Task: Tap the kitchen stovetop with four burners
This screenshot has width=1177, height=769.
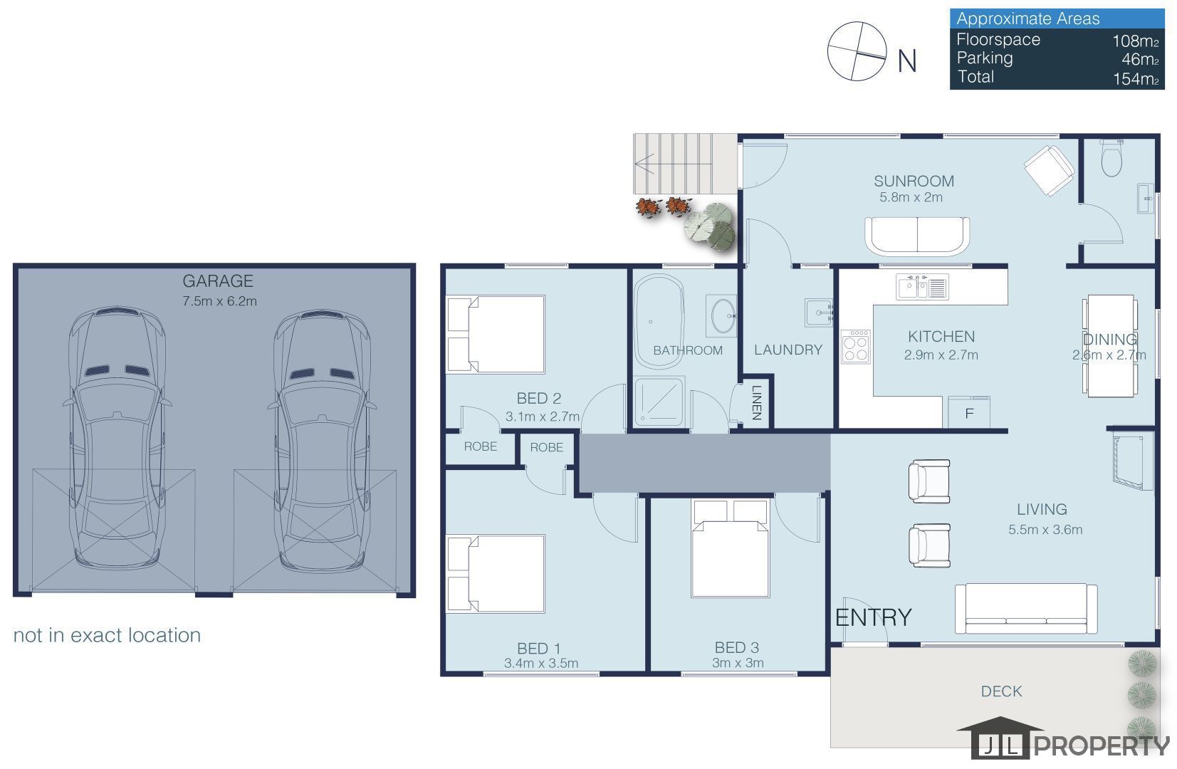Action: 855,347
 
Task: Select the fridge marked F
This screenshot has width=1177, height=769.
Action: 970,413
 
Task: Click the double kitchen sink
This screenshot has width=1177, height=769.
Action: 922,287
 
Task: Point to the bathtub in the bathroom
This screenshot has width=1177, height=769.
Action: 659,320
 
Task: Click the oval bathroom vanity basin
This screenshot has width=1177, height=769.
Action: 723,315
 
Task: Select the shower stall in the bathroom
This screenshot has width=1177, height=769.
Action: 659,402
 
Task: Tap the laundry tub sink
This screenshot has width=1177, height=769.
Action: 819,313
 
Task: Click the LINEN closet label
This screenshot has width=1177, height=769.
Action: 757,403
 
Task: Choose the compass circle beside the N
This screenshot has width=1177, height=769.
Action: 857,51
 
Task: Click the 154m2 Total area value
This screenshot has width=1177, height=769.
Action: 1136,79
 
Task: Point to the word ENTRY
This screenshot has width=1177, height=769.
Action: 873,617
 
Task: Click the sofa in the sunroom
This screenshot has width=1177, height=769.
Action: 917,236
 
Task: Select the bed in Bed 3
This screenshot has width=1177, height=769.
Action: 731,549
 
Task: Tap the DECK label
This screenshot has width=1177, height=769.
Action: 1002,691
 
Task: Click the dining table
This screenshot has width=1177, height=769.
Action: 1110,345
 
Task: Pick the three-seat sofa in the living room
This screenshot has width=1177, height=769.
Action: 1026,608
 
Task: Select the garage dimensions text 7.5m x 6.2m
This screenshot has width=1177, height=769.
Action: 219,301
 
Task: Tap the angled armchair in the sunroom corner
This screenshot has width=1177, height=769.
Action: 1050,171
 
